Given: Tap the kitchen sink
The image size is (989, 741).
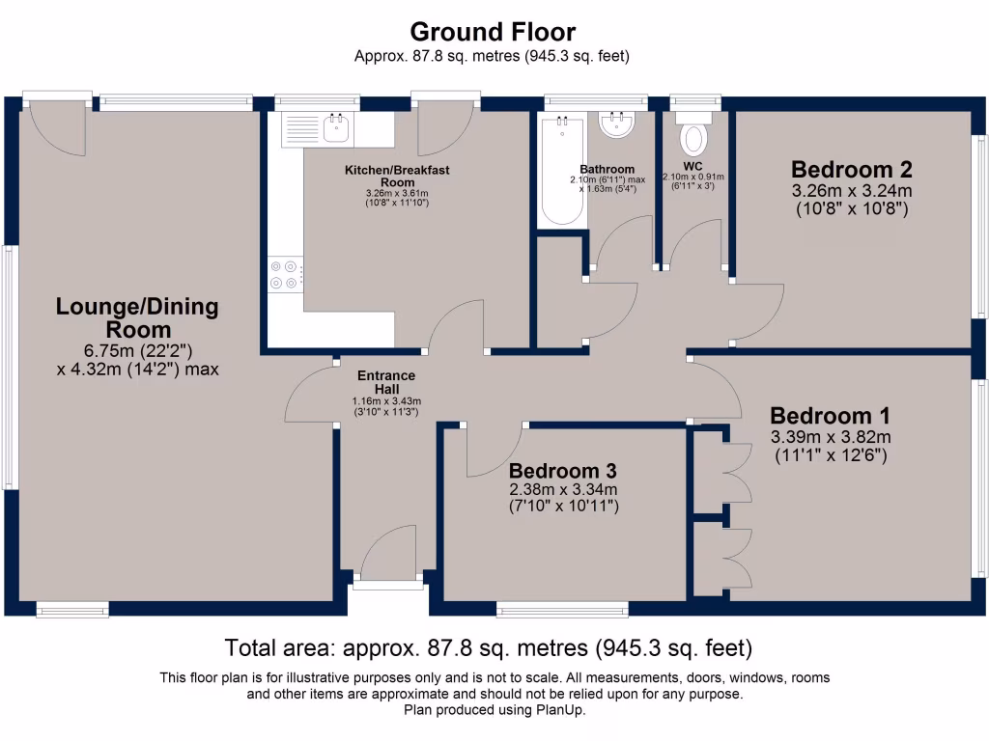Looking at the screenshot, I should pyautogui.click(x=337, y=129).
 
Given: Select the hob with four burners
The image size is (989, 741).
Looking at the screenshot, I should pyautogui.click(x=283, y=274).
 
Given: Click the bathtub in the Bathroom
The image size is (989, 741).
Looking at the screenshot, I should pyautogui.click(x=560, y=170).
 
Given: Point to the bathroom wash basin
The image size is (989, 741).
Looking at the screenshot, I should pyautogui.click(x=614, y=124).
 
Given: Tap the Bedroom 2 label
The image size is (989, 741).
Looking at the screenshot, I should pyautogui.click(x=852, y=169).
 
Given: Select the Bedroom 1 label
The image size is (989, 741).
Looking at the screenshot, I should pyautogui.click(x=830, y=416).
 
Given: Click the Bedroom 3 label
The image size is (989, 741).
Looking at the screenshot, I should pyautogui.click(x=563, y=471).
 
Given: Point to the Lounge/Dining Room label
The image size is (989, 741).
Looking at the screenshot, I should pyautogui.click(x=137, y=318).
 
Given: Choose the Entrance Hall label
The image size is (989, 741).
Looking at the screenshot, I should pyautogui.click(x=386, y=382).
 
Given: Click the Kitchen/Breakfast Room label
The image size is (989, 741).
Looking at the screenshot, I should pyautogui.click(x=397, y=176).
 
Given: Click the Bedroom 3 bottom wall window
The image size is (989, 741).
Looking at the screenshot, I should pyautogui.click(x=562, y=609).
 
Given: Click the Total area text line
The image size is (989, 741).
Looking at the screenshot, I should pyautogui.click(x=488, y=646).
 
